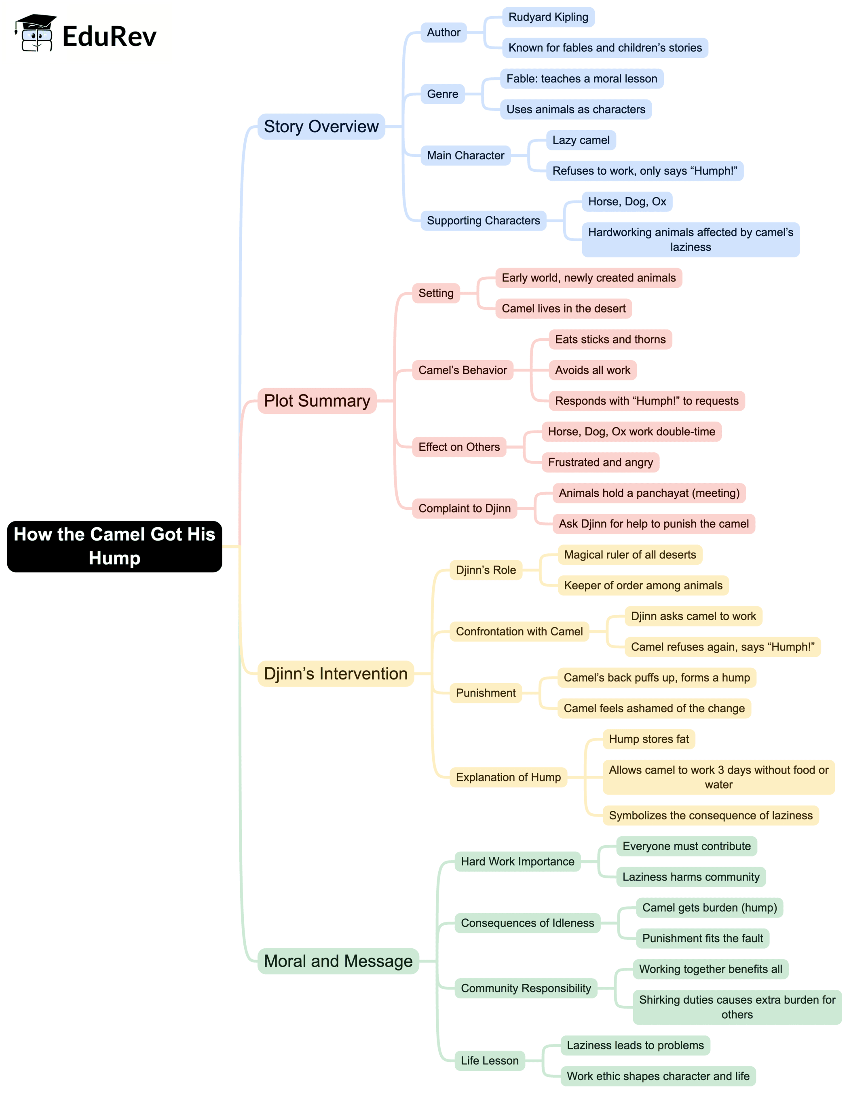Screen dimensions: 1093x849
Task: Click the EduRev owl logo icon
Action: click(x=35, y=33)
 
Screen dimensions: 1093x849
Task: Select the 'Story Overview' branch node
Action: click(x=321, y=127)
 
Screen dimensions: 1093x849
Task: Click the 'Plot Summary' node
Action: click(x=317, y=401)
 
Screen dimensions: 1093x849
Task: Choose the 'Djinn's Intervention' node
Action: click(x=336, y=673)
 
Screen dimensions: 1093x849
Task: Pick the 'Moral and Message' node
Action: click(x=338, y=961)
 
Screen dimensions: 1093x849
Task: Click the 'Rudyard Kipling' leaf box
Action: click(x=548, y=17)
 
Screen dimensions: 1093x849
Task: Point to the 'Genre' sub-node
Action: click(x=443, y=94)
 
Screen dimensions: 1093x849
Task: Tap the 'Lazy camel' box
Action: click(x=581, y=140)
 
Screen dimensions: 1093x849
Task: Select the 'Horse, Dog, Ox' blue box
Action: click(x=627, y=202)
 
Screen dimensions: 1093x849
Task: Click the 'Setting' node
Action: click(x=436, y=293)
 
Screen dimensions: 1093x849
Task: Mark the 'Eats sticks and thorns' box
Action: click(x=610, y=339)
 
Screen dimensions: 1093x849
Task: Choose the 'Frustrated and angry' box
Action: click(x=600, y=462)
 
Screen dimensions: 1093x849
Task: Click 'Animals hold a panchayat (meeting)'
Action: click(x=649, y=493)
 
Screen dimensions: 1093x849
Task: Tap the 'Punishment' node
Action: click(x=486, y=693)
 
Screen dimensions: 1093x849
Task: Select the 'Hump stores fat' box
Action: click(x=649, y=739)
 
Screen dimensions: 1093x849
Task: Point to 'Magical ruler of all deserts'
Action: click(x=630, y=555)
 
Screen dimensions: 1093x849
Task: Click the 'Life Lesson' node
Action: click(x=490, y=1061)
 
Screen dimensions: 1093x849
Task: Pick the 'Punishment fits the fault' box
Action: click(x=702, y=938)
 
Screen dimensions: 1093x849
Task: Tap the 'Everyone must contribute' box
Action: click(x=686, y=846)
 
